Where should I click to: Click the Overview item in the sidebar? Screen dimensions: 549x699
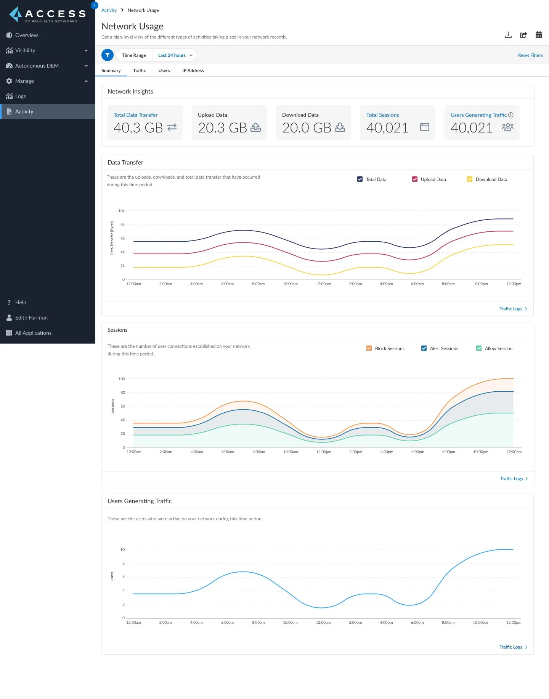(x=26, y=35)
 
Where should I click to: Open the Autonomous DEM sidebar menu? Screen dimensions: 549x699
(x=37, y=66)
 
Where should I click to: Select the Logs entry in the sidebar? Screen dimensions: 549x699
(x=20, y=96)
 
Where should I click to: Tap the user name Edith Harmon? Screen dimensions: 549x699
(x=31, y=318)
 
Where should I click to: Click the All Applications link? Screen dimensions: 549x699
(x=33, y=333)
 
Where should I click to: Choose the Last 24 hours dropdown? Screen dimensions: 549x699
(x=175, y=55)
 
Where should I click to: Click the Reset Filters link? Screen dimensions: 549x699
(x=530, y=55)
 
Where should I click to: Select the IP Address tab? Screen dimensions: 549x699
(x=193, y=71)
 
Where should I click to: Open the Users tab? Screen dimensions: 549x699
(x=164, y=71)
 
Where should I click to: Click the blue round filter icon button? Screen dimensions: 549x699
(x=108, y=55)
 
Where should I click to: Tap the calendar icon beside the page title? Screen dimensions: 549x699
(x=538, y=35)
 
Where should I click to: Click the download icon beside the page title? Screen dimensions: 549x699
(x=508, y=35)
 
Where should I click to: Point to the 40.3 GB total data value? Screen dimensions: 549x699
(x=138, y=128)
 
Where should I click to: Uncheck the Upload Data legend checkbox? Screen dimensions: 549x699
(x=415, y=179)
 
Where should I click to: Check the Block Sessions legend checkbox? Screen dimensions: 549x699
(x=369, y=349)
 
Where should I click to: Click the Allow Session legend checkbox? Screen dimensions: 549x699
(x=479, y=349)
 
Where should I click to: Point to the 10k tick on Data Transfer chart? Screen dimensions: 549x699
(x=121, y=211)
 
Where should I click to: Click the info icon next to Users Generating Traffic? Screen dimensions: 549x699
(x=511, y=115)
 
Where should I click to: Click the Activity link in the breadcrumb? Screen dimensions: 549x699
(x=109, y=10)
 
